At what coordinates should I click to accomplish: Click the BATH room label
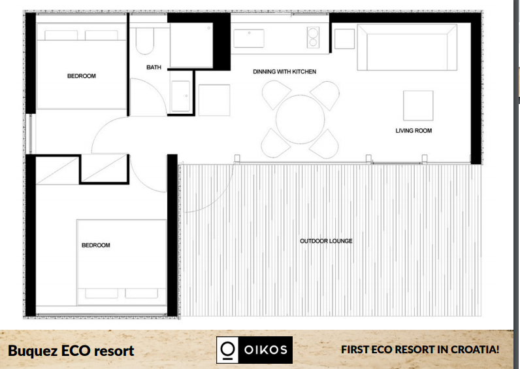tap(154, 67)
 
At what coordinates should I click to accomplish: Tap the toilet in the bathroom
tap(145, 41)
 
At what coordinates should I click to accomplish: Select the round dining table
tap(300, 119)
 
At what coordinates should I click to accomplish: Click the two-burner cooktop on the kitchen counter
tap(313, 37)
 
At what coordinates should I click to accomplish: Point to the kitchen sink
tap(249, 39)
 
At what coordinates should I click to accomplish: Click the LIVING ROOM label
tap(414, 131)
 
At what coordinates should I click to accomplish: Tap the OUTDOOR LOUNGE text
tap(326, 241)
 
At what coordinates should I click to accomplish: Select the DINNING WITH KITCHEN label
tap(285, 72)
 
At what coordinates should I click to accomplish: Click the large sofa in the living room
tap(407, 47)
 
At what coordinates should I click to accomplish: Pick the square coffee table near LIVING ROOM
tap(418, 105)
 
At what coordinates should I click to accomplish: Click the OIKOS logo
tap(254, 350)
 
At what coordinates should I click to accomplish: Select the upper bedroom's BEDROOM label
tap(82, 76)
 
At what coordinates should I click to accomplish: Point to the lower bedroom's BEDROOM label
tap(96, 245)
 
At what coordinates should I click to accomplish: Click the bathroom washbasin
tap(181, 96)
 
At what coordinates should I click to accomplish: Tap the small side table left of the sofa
tap(344, 39)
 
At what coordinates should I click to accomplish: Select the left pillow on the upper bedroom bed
tap(61, 35)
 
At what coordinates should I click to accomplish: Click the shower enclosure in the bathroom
tap(191, 45)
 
